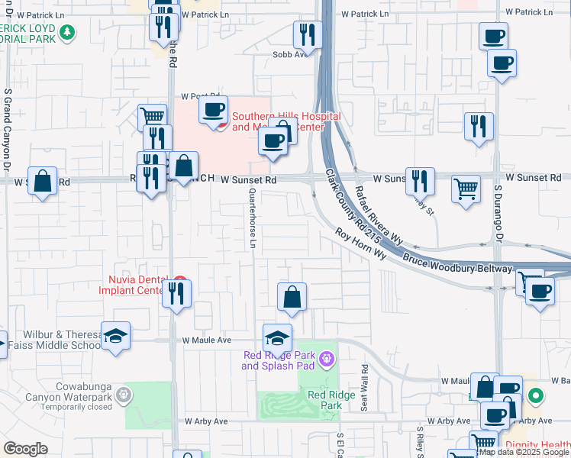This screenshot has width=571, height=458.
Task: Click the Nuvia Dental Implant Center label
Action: click(131, 284)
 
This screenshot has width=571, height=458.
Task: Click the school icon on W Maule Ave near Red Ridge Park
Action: click(277, 337)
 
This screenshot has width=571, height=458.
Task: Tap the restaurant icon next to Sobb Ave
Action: click(308, 34)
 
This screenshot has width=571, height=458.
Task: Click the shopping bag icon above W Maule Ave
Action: click(292, 297)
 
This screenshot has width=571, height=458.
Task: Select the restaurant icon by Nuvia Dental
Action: click(177, 294)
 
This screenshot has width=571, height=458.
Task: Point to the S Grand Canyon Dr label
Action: click(7, 129)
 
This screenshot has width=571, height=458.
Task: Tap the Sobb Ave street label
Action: click(290, 54)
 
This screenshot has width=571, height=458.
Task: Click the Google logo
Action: click(25, 449)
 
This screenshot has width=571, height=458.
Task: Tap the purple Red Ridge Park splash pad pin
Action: click(327, 357)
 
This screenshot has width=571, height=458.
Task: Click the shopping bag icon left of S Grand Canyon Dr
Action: click(43, 182)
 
